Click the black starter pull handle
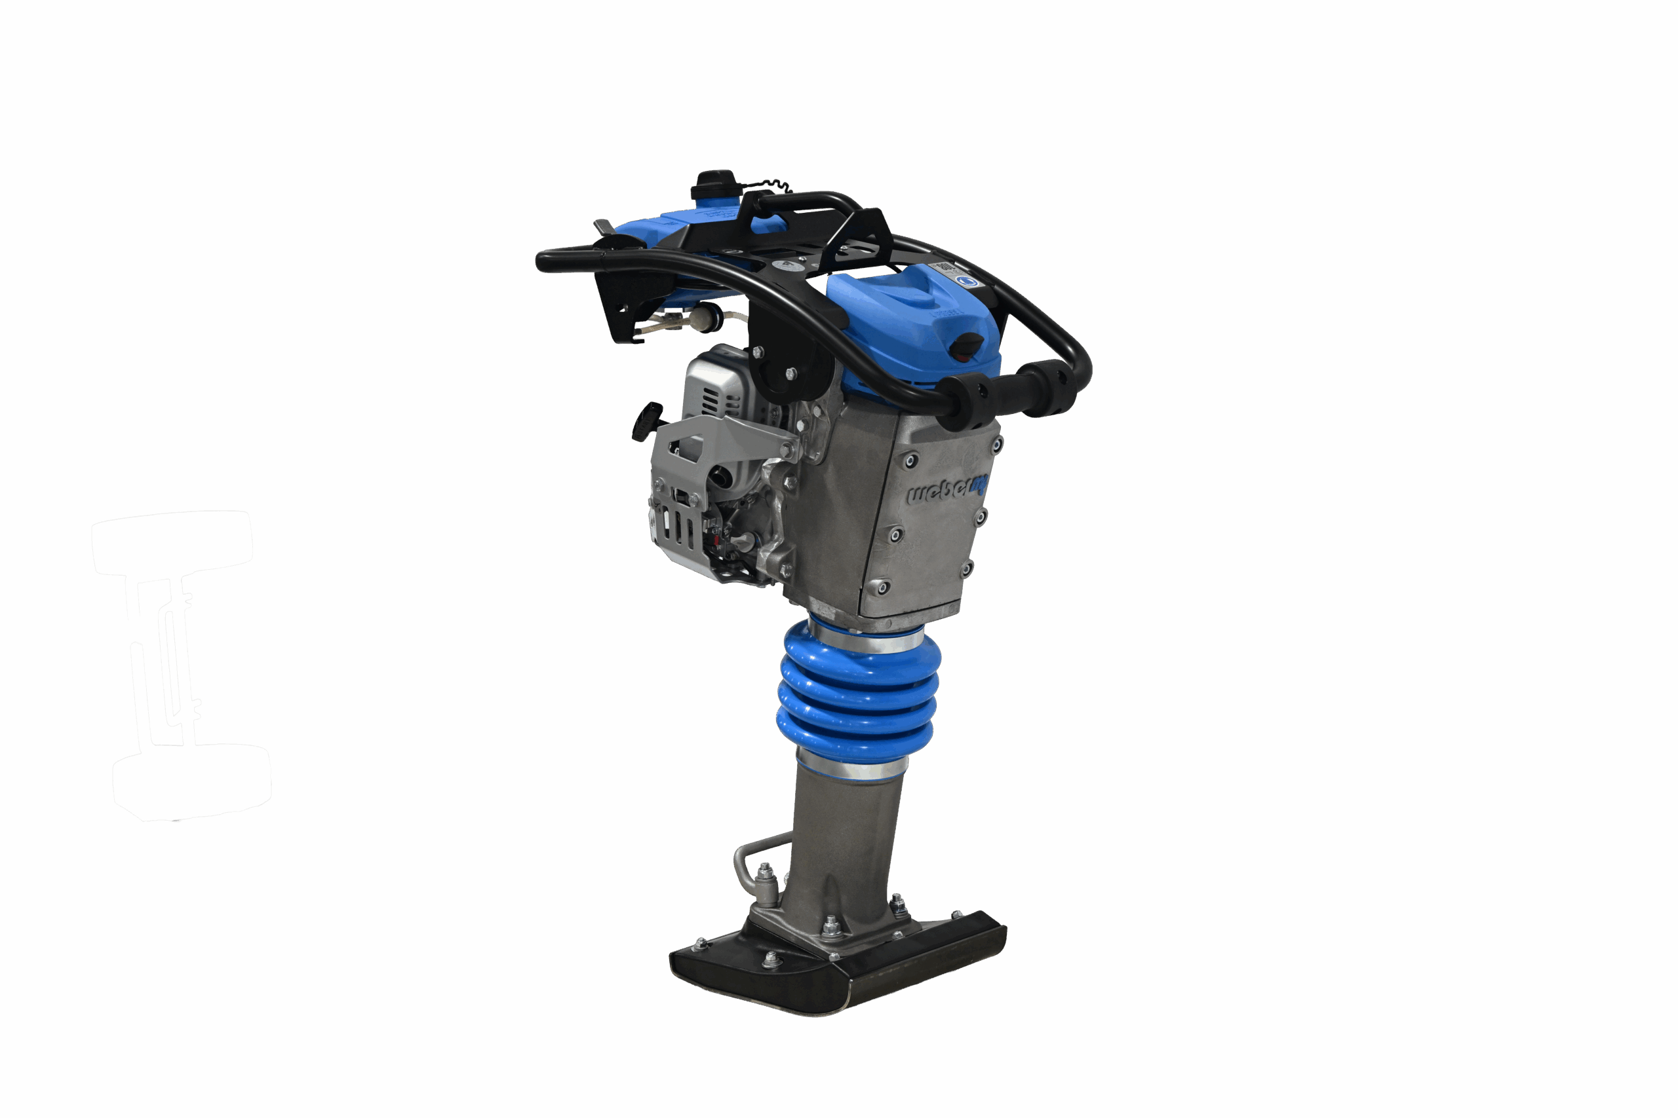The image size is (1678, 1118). [x=647, y=420]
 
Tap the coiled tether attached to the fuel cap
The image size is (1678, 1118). [x=767, y=185]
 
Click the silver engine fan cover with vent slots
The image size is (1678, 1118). [x=713, y=388]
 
